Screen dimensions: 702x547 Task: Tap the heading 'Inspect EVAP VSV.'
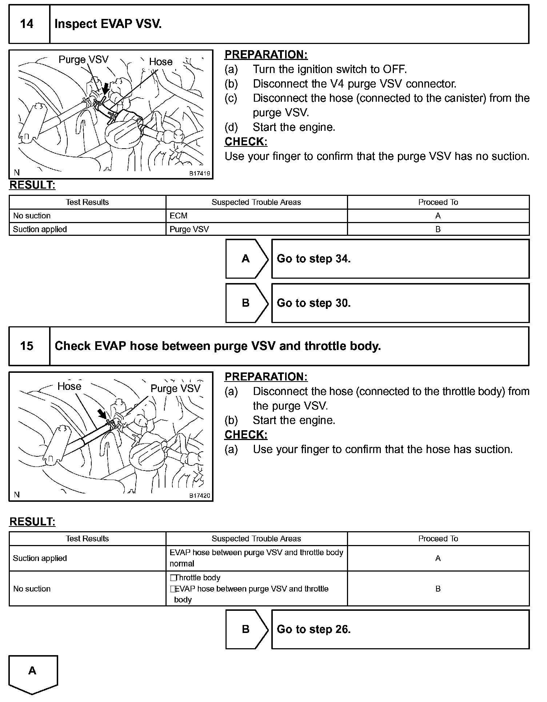(108, 24)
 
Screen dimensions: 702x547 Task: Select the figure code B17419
(199, 174)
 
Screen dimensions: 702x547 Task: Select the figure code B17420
(199, 496)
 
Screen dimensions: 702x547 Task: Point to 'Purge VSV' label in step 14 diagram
(84, 60)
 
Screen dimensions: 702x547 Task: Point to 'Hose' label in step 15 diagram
(69, 386)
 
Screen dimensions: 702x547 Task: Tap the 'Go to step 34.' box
(400, 259)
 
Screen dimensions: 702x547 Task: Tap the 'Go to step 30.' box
(400, 303)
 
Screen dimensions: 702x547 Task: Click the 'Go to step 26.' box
(400, 629)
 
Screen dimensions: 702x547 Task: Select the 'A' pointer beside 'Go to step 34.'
(247, 259)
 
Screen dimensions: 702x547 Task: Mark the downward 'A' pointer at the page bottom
(33, 672)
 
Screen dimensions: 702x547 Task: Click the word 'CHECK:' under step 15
(246, 435)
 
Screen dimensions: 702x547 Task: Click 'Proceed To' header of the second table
(438, 538)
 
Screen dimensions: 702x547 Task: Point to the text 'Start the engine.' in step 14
(294, 127)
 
